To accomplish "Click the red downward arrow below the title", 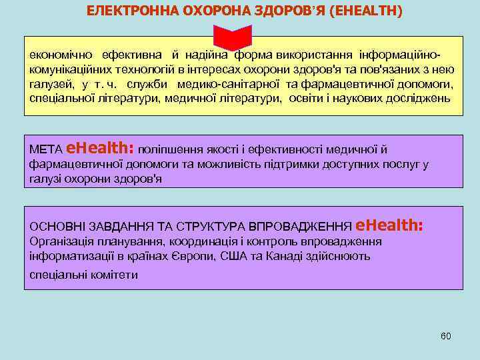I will [x=233, y=37].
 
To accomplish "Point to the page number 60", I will [x=446, y=336].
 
